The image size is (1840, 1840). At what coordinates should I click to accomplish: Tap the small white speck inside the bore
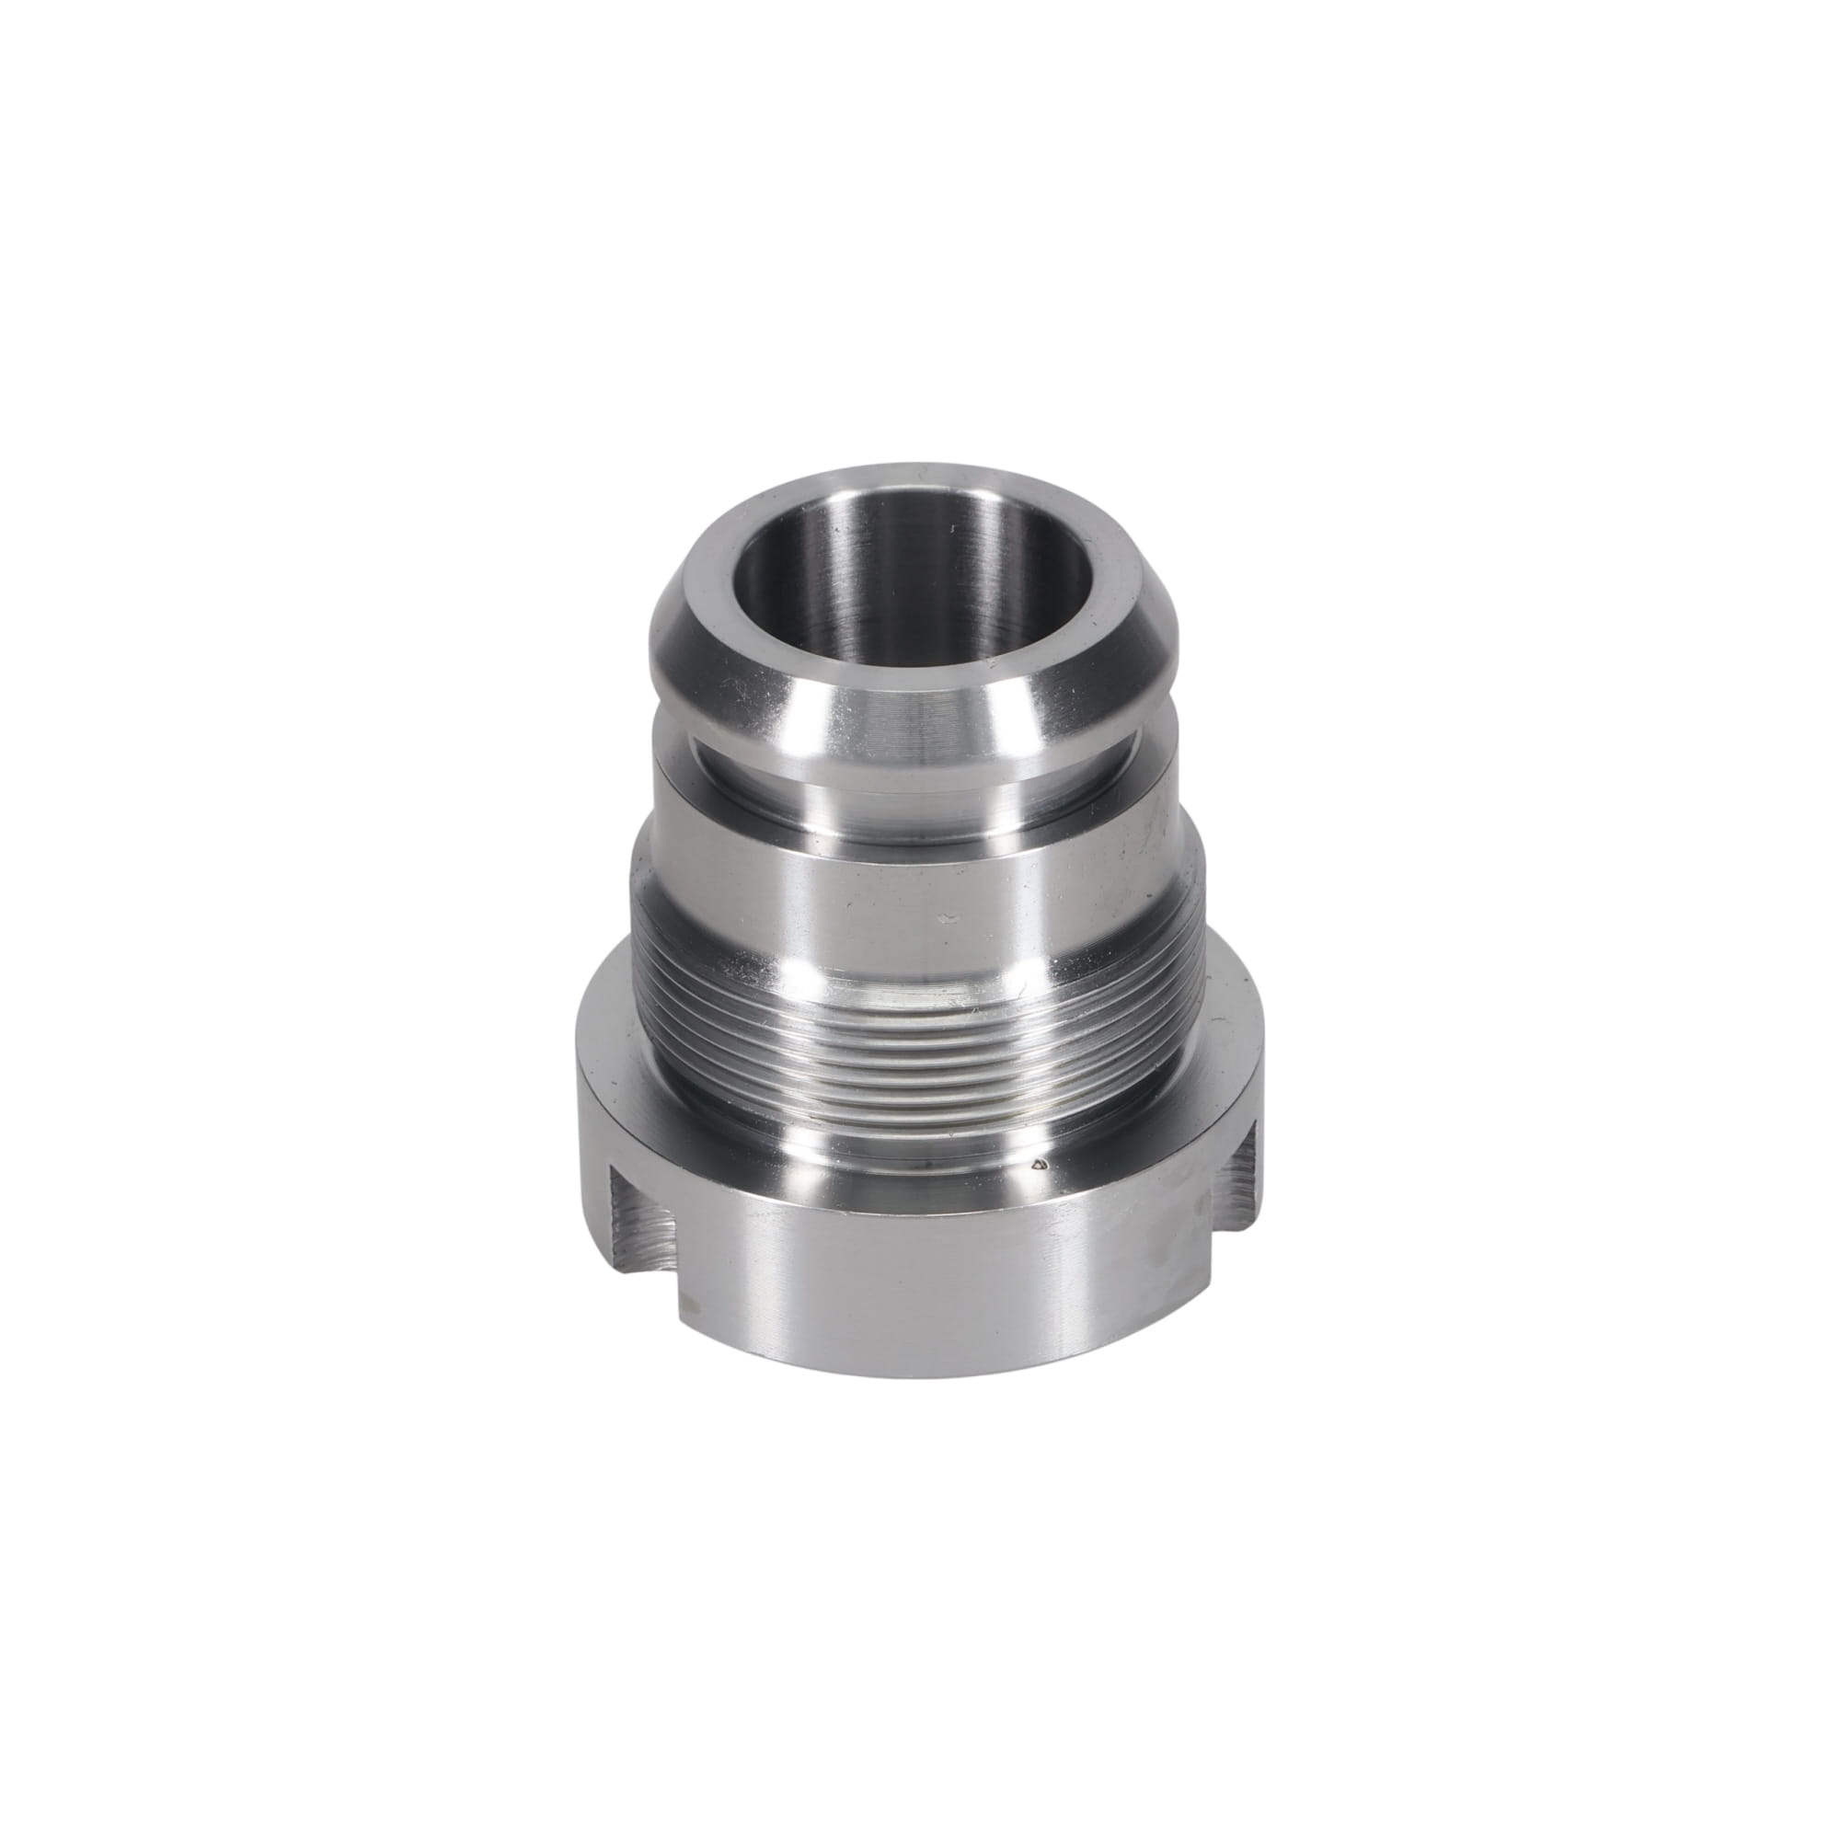(x=953, y=526)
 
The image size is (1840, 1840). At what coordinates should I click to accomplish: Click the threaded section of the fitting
(x=914, y=1038)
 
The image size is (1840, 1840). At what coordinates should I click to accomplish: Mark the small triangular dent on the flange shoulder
(x=1040, y=1164)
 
